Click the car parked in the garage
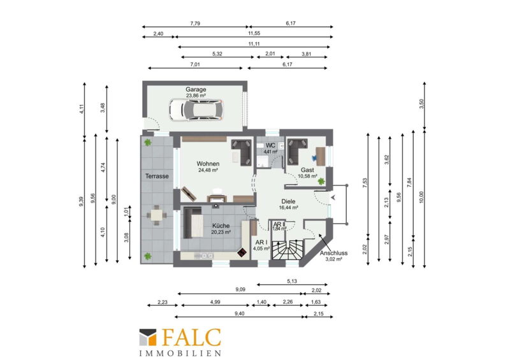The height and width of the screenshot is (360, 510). [196, 110]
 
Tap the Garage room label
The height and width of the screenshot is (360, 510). [196, 89]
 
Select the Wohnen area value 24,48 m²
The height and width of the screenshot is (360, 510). [208, 170]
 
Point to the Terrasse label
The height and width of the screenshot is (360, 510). [157, 176]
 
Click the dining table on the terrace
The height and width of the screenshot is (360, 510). [157, 215]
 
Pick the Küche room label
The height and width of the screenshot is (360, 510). [221, 226]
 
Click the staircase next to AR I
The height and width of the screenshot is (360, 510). [288, 250]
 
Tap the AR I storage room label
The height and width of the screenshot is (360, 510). [261, 243]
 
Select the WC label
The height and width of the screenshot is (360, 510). [270, 145]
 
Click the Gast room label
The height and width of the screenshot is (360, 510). [307, 170]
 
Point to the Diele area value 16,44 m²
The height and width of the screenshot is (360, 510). [289, 208]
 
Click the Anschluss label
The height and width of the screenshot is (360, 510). [333, 253]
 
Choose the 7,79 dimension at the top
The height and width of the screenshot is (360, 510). [195, 24]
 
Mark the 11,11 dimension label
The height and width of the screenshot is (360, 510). [254, 44]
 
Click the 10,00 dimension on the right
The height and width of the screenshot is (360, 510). [421, 197]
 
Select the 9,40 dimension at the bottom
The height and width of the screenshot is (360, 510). [240, 314]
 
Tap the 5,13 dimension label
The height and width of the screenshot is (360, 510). [292, 281]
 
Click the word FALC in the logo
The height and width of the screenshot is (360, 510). [192, 338]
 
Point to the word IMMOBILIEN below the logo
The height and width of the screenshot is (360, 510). [180, 353]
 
